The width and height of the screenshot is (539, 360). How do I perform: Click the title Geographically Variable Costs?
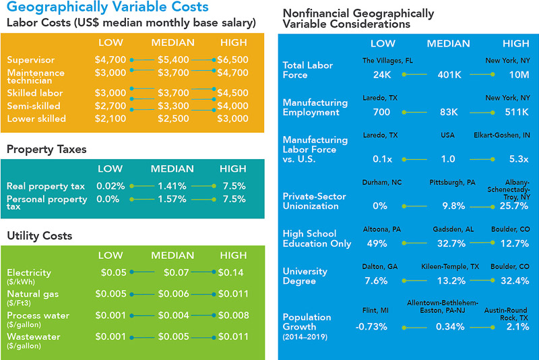(x=107, y=7)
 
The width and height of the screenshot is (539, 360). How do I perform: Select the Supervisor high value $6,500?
(x=233, y=60)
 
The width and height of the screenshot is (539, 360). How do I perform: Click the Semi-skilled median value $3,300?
(x=172, y=107)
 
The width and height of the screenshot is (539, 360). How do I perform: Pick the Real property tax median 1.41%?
(x=172, y=186)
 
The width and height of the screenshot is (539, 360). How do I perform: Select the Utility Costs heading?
(x=39, y=236)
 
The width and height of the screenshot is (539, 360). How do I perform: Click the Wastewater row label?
(x=34, y=337)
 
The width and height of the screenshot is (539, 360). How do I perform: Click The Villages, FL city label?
(x=387, y=61)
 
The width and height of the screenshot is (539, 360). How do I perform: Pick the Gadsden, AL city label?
(x=449, y=230)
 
